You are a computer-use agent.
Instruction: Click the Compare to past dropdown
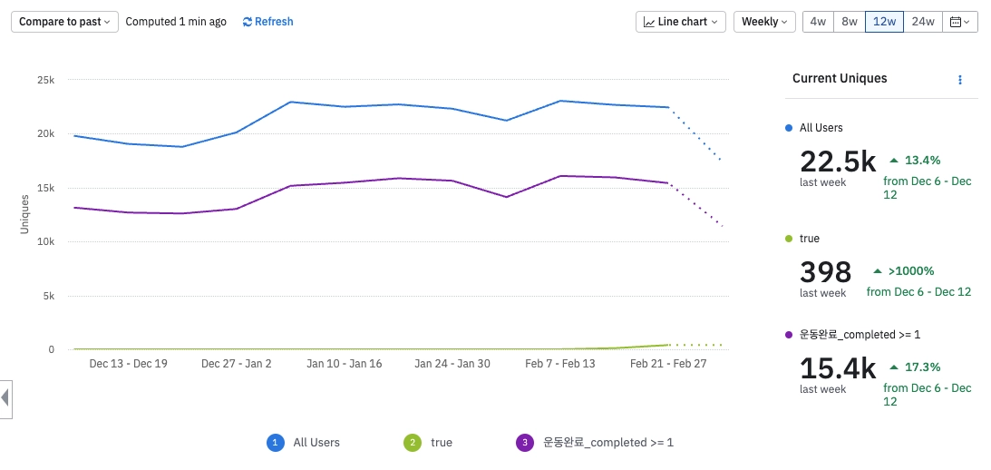click(x=64, y=22)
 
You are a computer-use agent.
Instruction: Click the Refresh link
click(x=267, y=22)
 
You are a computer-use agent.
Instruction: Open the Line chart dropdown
click(x=680, y=22)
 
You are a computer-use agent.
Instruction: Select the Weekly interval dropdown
click(x=764, y=22)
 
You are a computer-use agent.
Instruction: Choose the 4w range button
click(x=818, y=22)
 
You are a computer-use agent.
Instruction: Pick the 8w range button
click(x=850, y=22)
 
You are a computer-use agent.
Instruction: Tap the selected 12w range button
click(x=884, y=22)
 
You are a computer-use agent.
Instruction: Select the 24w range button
click(x=923, y=22)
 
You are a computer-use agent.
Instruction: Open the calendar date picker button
click(x=960, y=22)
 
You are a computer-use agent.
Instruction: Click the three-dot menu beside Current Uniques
click(x=960, y=80)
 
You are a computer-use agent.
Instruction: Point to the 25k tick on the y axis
click(x=45, y=81)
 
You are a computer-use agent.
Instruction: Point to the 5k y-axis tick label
click(x=48, y=296)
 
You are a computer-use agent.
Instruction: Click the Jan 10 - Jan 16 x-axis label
click(x=344, y=364)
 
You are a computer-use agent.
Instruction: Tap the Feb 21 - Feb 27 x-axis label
click(x=667, y=364)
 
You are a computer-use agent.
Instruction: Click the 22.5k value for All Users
click(x=838, y=162)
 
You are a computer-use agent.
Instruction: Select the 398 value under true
click(x=825, y=272)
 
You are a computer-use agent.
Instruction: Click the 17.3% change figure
click(x=922, y=367)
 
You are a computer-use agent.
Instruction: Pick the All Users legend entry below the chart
click(x=316, y=443)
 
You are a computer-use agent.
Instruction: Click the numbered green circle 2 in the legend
click(x=413, y=443)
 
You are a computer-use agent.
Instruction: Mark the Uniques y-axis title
click(x=25, y=214)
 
